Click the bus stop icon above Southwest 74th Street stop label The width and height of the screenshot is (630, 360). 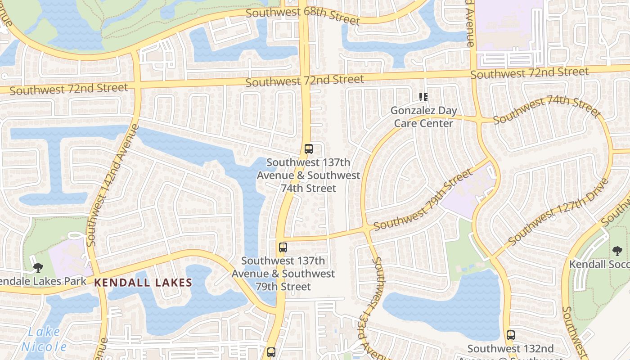point(308,149)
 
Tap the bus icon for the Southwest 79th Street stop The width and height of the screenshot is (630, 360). point(283,247)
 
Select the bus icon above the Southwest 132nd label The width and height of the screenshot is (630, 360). point(510,335)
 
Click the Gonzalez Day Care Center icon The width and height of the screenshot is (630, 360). point(423,97)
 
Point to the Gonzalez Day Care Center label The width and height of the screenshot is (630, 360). point(423,117)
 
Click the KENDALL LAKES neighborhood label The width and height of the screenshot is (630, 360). point(143,283)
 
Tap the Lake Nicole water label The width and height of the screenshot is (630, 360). point(44,339)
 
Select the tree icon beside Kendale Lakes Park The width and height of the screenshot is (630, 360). point(38,268)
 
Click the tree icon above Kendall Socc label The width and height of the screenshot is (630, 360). point(617,251)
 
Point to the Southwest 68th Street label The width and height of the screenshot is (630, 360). point(303,16)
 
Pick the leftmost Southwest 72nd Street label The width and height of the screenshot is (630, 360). point(69,89)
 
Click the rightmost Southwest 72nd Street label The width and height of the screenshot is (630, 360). point(530,72)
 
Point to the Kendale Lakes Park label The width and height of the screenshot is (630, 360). point(43,282)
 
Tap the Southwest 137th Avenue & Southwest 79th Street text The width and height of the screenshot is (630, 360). point(283,273)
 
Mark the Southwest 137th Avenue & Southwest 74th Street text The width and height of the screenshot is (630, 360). point(309,175)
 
